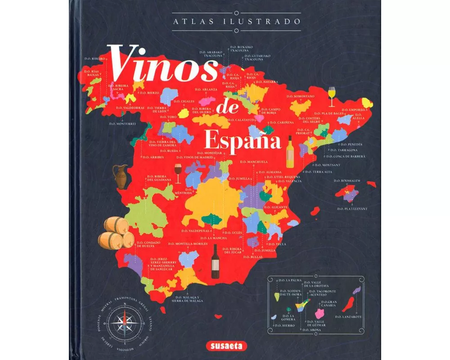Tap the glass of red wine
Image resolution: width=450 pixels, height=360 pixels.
[178, 174]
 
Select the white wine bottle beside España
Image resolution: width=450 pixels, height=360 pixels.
[290, 151]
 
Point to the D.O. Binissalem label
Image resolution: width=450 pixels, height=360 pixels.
[347, 180]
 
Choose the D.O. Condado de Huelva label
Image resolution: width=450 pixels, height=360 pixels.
[148, 245]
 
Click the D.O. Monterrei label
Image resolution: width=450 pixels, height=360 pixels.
[122, 123]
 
